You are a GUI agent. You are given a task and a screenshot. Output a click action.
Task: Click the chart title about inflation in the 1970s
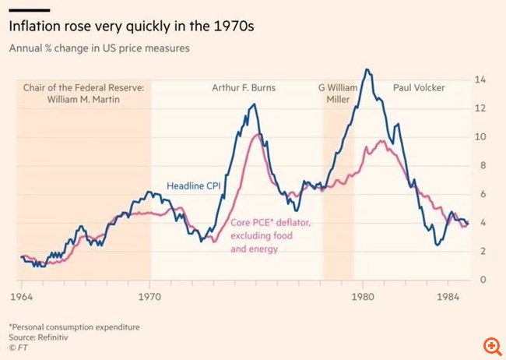pos(132,26)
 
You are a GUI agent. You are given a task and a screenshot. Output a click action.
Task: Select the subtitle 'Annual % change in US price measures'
pos(100,48)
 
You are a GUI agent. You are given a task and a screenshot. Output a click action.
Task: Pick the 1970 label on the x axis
pos(150,296)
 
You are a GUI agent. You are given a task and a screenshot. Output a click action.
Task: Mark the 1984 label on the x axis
pos(446,296)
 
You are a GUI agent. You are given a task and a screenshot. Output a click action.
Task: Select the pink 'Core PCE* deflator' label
pos(271,224)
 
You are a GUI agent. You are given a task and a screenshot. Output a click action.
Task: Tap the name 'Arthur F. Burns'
pos(244,88)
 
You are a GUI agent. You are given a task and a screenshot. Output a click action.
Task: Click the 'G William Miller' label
pos(339,94)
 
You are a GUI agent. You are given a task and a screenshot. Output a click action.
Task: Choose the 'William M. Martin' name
pos(85,100)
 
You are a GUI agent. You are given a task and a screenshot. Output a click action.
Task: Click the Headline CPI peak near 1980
pos(367,69)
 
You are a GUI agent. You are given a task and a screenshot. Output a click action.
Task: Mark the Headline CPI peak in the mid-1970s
pos(251,104)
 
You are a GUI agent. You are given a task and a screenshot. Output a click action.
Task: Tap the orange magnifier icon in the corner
pos(492,345)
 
